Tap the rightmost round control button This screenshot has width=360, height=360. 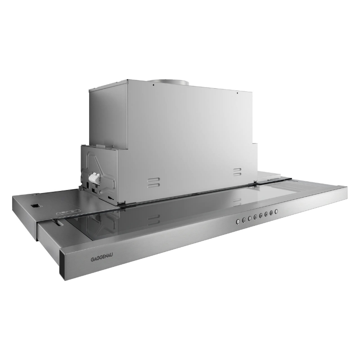276,211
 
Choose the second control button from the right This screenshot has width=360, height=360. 271,213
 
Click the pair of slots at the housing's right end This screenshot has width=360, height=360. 238,171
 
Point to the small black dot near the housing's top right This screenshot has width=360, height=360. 237,94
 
